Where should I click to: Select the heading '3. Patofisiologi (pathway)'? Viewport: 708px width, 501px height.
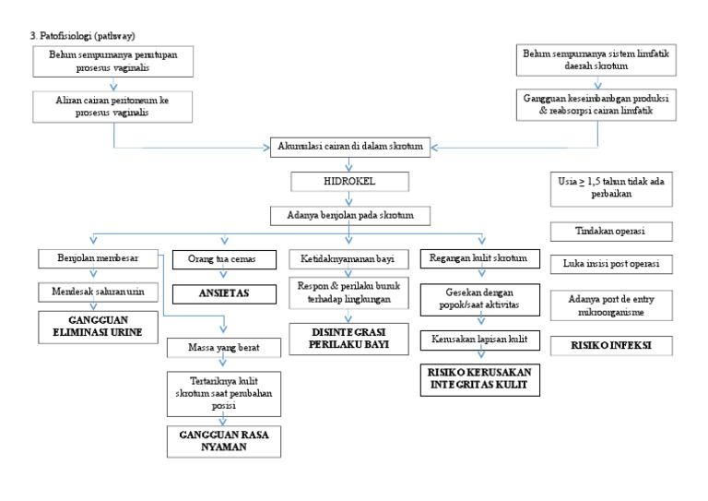point(84,35)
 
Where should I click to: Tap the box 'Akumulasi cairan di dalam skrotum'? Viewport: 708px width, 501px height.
point(349,148)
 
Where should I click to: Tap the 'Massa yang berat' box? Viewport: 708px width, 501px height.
point(223,350)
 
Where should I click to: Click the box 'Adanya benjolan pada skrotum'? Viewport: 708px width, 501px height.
point(348,216)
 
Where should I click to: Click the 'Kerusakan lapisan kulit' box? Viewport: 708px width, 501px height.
point(474,340)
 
